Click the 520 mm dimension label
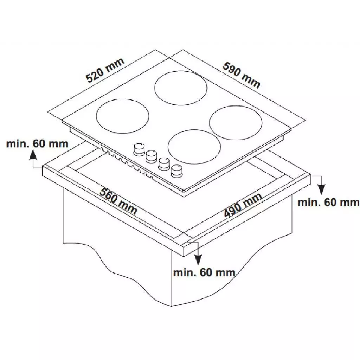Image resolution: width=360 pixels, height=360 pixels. (105, 70)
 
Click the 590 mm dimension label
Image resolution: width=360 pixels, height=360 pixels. (242, 75)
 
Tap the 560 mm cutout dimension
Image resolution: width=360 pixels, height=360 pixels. (118, 201)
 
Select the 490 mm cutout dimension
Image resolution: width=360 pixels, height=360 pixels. (243, 205)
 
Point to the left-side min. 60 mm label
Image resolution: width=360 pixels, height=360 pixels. (37, 144)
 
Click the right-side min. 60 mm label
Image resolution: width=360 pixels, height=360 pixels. (328, 202)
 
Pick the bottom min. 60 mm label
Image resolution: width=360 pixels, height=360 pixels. (204, 272)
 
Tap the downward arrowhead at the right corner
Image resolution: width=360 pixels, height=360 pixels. (321, 189)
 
